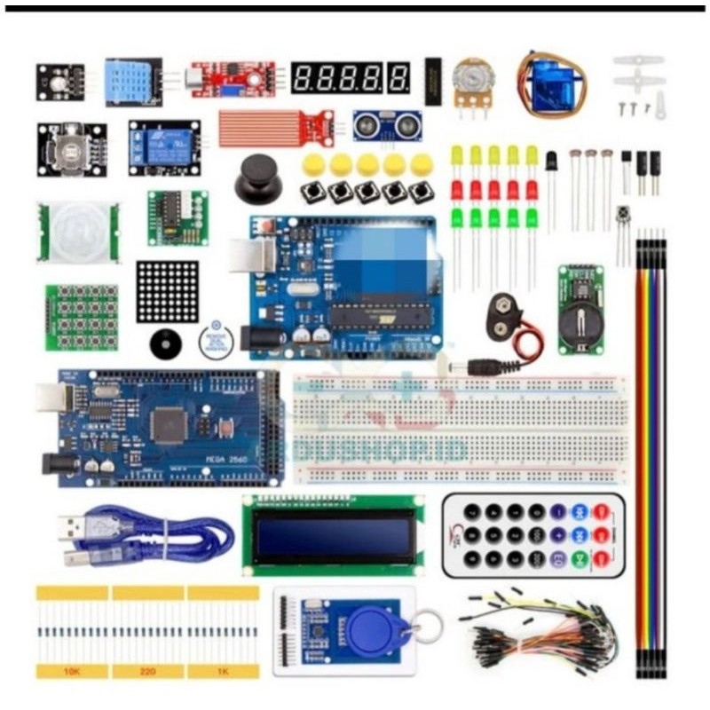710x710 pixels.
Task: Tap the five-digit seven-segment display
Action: (351, 78)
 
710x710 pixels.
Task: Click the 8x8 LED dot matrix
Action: (167, 292)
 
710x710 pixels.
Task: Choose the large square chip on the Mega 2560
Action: (169, 424)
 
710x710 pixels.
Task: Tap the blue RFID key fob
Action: (378, 631)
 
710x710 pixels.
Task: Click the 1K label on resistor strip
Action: (223, 671)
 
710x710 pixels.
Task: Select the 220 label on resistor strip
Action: (147, 671)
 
